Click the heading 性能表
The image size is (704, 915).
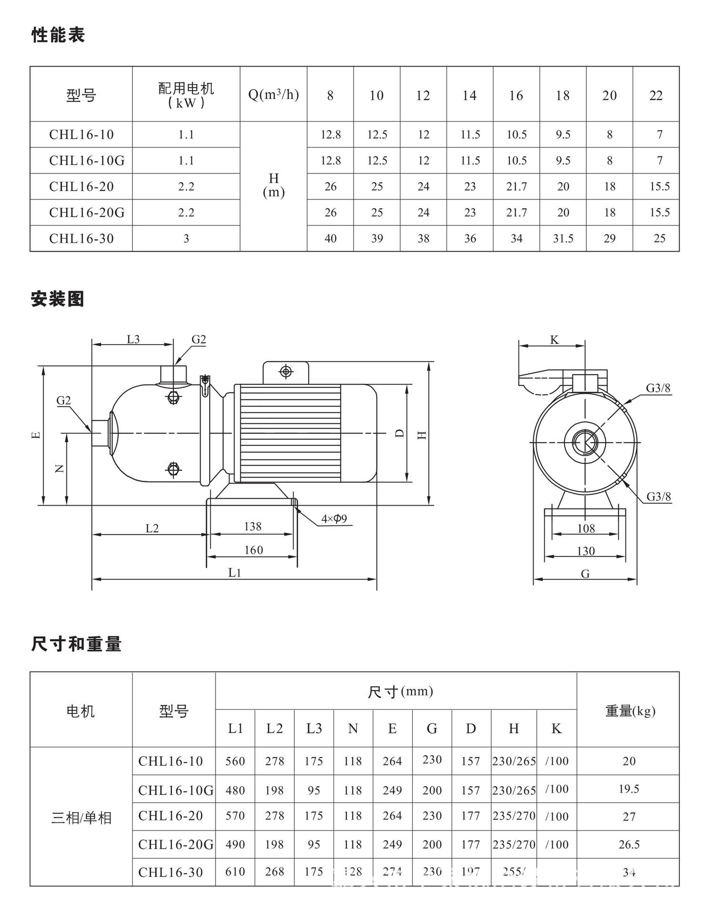(x=58, y=35)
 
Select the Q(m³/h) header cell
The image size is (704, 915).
(x=273, y=95)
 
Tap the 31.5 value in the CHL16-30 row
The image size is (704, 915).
(x=563, y=238)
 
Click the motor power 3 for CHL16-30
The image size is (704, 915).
(x=186, y=238)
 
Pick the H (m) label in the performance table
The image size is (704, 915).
(x=273, y=185)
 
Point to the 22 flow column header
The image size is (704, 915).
(x=656, y=95)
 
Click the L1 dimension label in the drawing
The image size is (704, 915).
(x=235, y=572)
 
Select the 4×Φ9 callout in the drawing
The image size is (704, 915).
(x=334, y=518)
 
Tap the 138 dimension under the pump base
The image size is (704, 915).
(x=252, y=526)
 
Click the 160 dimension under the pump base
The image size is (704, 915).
(x=253, y=550)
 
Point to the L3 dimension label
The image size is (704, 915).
(x=133, y=339)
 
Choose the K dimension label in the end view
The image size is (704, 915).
(x=554, y=340)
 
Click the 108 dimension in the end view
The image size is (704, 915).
(x=586, y=528)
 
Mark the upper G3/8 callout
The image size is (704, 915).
(x=658, y=388)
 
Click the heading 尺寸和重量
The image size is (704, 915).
(x=76, y=644)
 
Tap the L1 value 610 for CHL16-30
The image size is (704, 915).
(x=235, y=872)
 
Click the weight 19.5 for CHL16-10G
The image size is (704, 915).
(x=629, y=789)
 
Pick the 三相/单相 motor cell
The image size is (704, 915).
(x=81, y=818)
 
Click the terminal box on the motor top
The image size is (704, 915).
(x=286, y=372)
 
